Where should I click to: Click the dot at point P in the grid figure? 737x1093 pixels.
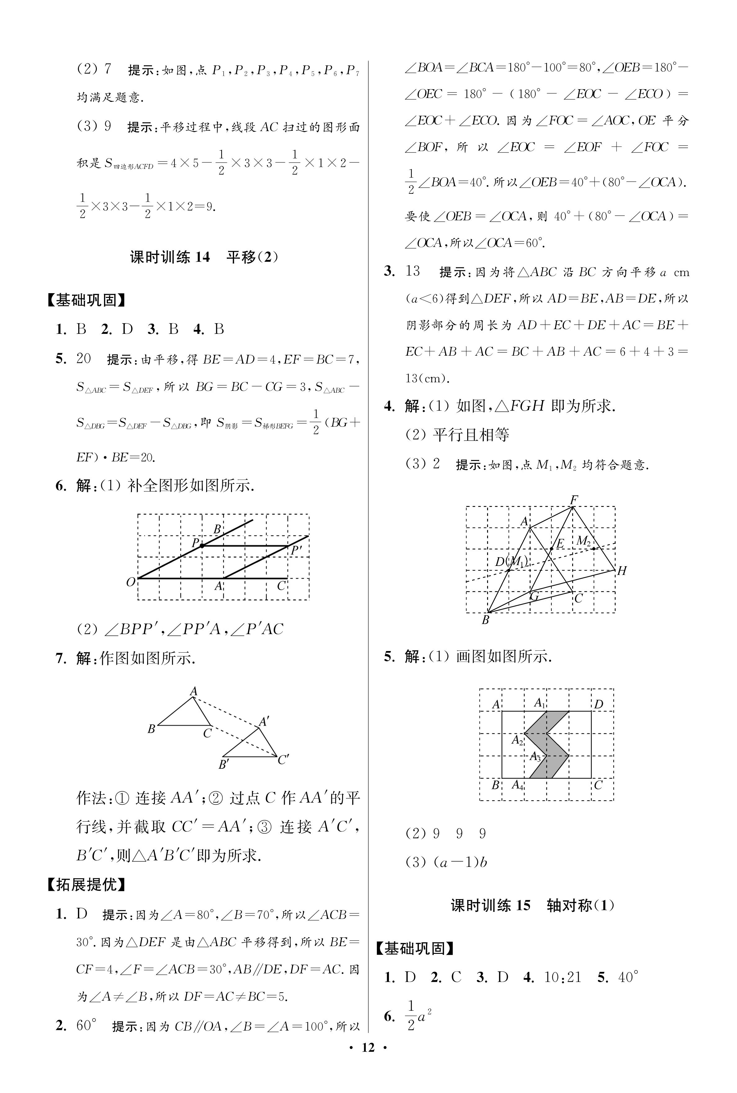click(x=202, y=545)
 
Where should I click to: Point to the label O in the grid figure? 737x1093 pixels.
click(x=131, y=582)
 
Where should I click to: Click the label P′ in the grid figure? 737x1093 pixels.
click(x=296, y=550)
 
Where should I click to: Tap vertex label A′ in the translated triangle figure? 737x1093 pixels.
click(x=264, y=722)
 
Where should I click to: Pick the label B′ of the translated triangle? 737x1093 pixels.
click(x=224, y=765)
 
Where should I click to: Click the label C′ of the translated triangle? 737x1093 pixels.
click(x=283, y=760)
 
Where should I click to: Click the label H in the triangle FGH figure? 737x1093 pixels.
click(x=622, y=571)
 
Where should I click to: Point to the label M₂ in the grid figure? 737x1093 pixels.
click(x=583, y=541)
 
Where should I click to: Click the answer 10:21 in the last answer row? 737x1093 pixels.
click(x=563, y=977)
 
